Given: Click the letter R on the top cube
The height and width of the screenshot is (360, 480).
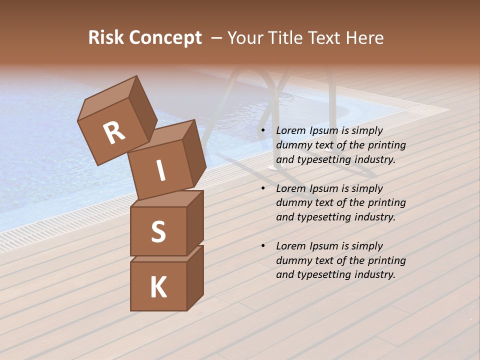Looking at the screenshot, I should coord(114,133).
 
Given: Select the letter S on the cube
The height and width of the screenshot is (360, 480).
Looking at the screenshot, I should coord(158,231).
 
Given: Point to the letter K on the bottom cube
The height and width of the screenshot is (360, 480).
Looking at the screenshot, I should coord(158,287).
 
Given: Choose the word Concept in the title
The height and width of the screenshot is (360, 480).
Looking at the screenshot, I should coord(165,37).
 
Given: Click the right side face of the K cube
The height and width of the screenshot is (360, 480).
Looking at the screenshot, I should coord(195,277).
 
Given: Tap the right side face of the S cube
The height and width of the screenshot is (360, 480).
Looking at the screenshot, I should coord(195,222).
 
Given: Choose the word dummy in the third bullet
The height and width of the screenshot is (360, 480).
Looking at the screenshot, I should coord(294,260).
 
